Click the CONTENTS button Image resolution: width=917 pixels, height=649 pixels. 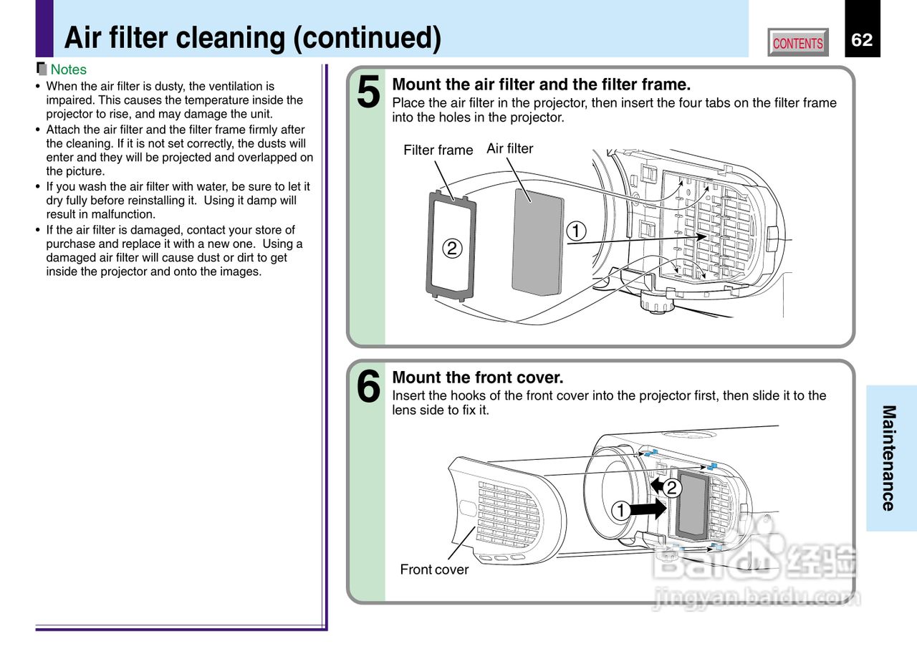click(798, 43)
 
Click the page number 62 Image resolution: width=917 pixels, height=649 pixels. click(862, 40)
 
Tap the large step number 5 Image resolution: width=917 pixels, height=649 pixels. click(368, 94)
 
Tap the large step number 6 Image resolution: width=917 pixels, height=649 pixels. click(368, 388)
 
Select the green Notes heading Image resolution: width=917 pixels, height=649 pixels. click(68, 69)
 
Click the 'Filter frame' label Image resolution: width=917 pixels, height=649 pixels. click(438, 150)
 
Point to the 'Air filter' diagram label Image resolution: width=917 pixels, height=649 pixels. click(509, 148)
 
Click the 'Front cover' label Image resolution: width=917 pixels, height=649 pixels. click(434, 569)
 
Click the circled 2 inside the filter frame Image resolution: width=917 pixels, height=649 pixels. click(451, 249)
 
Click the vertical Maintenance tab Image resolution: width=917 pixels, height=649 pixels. click(888, 458)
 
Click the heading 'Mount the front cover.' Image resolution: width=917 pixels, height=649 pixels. click(478, 378)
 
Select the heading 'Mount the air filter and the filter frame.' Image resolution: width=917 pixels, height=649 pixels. click(541, 85)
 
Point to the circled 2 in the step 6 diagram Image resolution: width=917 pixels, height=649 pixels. click(671, 489)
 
